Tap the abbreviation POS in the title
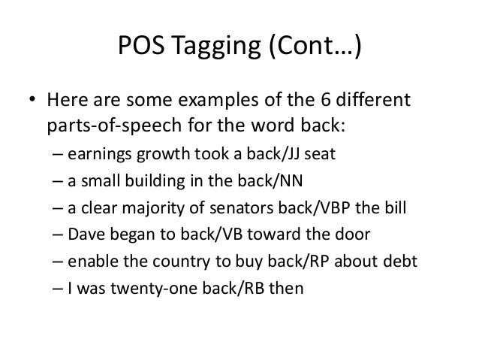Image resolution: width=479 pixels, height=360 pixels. point(143,50)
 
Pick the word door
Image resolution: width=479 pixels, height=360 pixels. point(363,234)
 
